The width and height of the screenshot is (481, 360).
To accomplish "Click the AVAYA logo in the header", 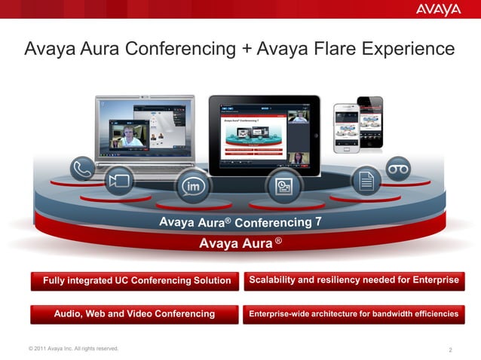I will tap(438, 10).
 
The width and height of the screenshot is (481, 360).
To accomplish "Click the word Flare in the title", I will tap(286, 50).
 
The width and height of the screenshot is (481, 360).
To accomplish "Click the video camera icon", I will tap(118, 181).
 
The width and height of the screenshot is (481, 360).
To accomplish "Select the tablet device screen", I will tap(263, 136).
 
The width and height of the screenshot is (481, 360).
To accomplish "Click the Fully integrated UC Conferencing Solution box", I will tap(136, 281).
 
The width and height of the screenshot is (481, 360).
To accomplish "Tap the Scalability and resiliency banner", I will tap(353, 280).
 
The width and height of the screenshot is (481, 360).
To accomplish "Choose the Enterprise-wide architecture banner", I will tap(353, 313).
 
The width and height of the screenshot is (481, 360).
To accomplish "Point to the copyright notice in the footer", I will tap(72, 348).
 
